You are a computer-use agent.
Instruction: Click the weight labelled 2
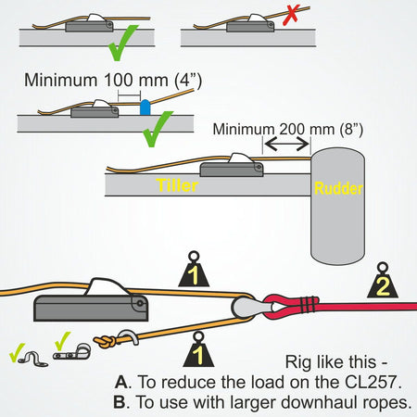[381, 281]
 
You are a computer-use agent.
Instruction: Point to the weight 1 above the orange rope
[194, 271]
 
